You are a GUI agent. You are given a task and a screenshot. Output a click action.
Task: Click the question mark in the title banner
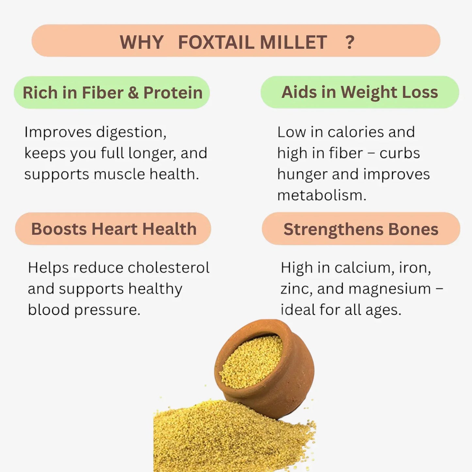(350, 42)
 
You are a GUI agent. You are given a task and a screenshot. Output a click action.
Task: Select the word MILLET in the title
(293, 42)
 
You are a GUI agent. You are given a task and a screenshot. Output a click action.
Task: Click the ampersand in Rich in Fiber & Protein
(133, 93)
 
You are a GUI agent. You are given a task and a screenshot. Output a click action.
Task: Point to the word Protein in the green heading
(173, 93)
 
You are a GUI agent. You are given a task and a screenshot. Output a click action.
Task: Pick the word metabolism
(321, 195)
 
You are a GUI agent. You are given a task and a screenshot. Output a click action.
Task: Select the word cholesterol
(169, 268)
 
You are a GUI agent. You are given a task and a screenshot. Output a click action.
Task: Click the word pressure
(107, 310)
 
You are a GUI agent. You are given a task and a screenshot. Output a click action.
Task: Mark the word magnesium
(389, 289)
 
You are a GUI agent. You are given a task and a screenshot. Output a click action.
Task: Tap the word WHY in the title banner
(141, 42)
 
